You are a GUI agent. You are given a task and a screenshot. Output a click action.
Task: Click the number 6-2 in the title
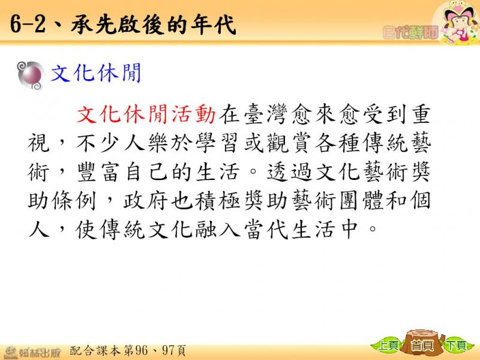(x=28, y=25)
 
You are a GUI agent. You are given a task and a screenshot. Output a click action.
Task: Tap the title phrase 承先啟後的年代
(x=154, y=25)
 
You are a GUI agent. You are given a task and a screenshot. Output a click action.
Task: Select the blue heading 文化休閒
(x=95, y=73)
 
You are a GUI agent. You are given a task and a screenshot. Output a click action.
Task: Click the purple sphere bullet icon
(x=30, y=76)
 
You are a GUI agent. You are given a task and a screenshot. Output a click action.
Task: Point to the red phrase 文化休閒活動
(x=146, y=114)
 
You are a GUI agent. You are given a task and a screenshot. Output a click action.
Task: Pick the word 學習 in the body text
(x=217, y=143)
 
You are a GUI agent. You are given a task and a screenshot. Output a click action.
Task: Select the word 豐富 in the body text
(x=98, y=172)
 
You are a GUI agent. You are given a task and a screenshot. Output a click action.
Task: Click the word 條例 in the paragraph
(x=74, y=200)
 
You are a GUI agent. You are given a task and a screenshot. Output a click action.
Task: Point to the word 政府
(x=146, y=200)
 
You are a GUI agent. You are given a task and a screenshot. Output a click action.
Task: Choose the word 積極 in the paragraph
(x=218, y=200)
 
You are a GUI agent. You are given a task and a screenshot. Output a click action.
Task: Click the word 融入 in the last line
(x=218, y=229)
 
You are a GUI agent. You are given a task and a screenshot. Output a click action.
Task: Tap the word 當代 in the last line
(x=265, y=229)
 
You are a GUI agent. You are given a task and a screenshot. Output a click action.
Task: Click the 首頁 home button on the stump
(x=422, y=346)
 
